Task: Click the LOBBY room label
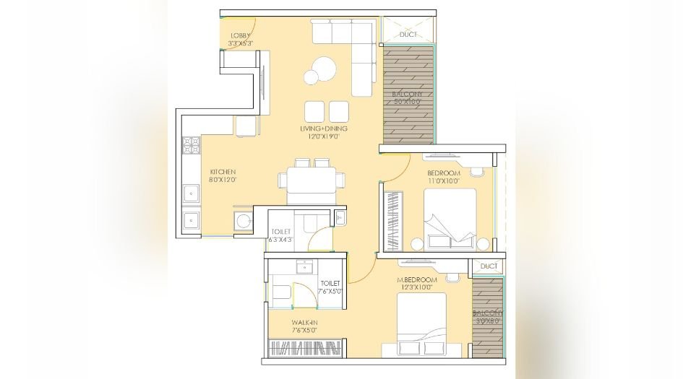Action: (241, 35)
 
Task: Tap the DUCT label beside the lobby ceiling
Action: (408, 33)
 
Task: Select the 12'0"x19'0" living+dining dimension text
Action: (324, 137)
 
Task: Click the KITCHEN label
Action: (223, 171)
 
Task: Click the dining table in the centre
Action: (312, 177)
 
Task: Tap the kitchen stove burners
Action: (192, 145)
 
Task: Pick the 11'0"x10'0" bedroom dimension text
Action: (444, 182)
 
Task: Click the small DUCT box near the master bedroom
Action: (489, 266)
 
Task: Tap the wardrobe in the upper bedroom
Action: (392, 220)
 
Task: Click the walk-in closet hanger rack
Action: (304, 348)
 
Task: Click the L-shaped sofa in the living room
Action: (354, 51)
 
